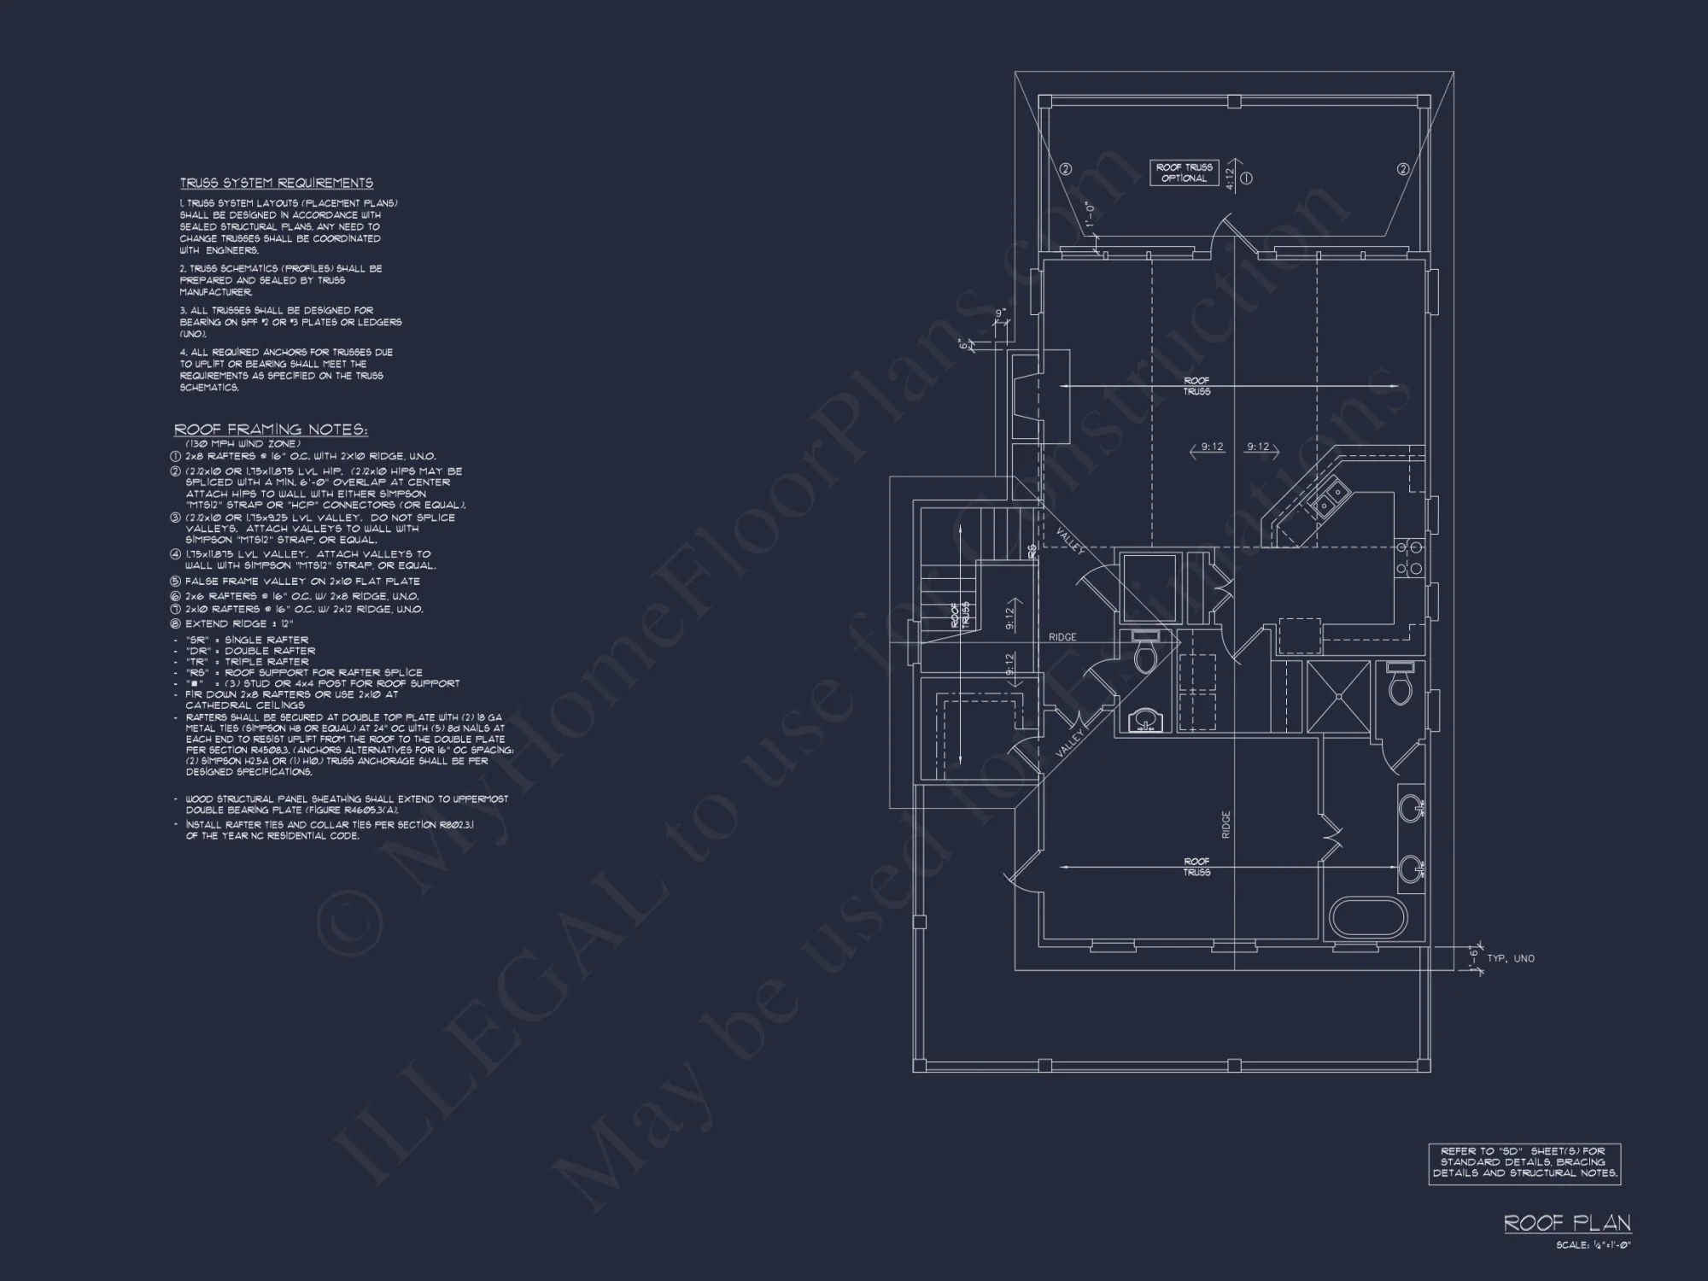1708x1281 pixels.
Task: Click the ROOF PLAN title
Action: [x=1567, y=1223]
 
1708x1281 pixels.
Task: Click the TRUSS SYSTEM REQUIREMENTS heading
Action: [x=276, y=183]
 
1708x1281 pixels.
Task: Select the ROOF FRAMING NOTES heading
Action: [x=271, y=430]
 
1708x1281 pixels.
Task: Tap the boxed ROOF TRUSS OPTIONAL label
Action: [x=1184, y=173]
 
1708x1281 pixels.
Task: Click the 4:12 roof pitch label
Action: [x=1230, y=178]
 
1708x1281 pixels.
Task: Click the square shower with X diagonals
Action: [x=1338, y=696]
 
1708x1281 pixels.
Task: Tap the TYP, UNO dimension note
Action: [x=1511, y=958]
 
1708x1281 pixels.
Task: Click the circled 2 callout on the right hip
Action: [x=1402, y=169]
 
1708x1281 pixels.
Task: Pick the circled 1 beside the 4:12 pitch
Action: [x=1246, y=178]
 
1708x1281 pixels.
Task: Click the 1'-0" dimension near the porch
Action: [x=1089, y=219]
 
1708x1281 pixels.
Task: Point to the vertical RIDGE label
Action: [x=1225, y=824]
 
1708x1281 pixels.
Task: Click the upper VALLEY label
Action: [x=1070, y=541]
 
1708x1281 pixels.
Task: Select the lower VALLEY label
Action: [x=1069, y=742]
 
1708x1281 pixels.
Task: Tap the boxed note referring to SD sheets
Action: [x=1524, y=1162]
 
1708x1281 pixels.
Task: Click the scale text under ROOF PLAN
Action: [x=1593, y=1245]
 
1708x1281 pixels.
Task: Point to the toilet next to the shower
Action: [x=1399, y=687]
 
